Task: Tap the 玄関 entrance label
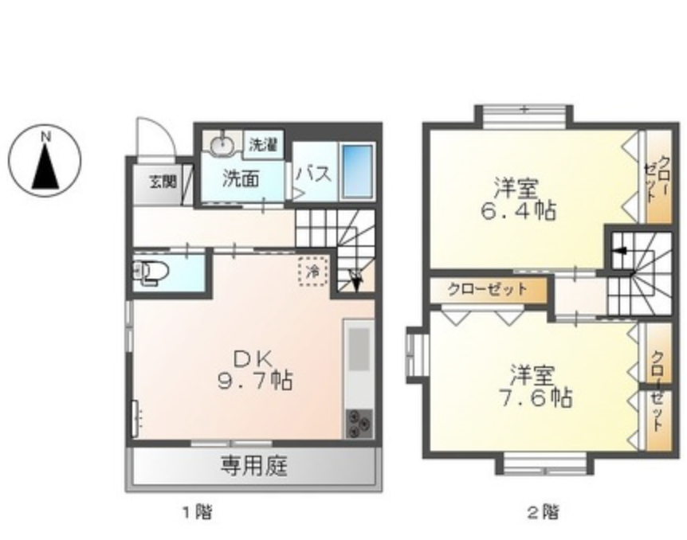coord(163,182)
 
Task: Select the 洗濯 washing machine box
coord(263,143)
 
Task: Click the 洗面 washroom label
coord(241,178)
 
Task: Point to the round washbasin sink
coord(223,144)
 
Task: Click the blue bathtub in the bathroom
coord(358,170)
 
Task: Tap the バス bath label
coord(314,174)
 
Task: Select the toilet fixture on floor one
coord(151,272)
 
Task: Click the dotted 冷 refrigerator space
coord(313,272)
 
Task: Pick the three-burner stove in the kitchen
coord(359,423)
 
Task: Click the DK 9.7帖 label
coord(255,370)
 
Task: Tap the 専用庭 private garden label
coord(254,466)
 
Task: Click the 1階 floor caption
coord(198,511)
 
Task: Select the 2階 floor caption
coord(543,511)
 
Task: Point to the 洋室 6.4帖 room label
coord(519,200)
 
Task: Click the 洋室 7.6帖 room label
coord(535,386)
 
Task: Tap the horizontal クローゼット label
coord(487,289)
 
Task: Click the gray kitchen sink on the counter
coord(359,349)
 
